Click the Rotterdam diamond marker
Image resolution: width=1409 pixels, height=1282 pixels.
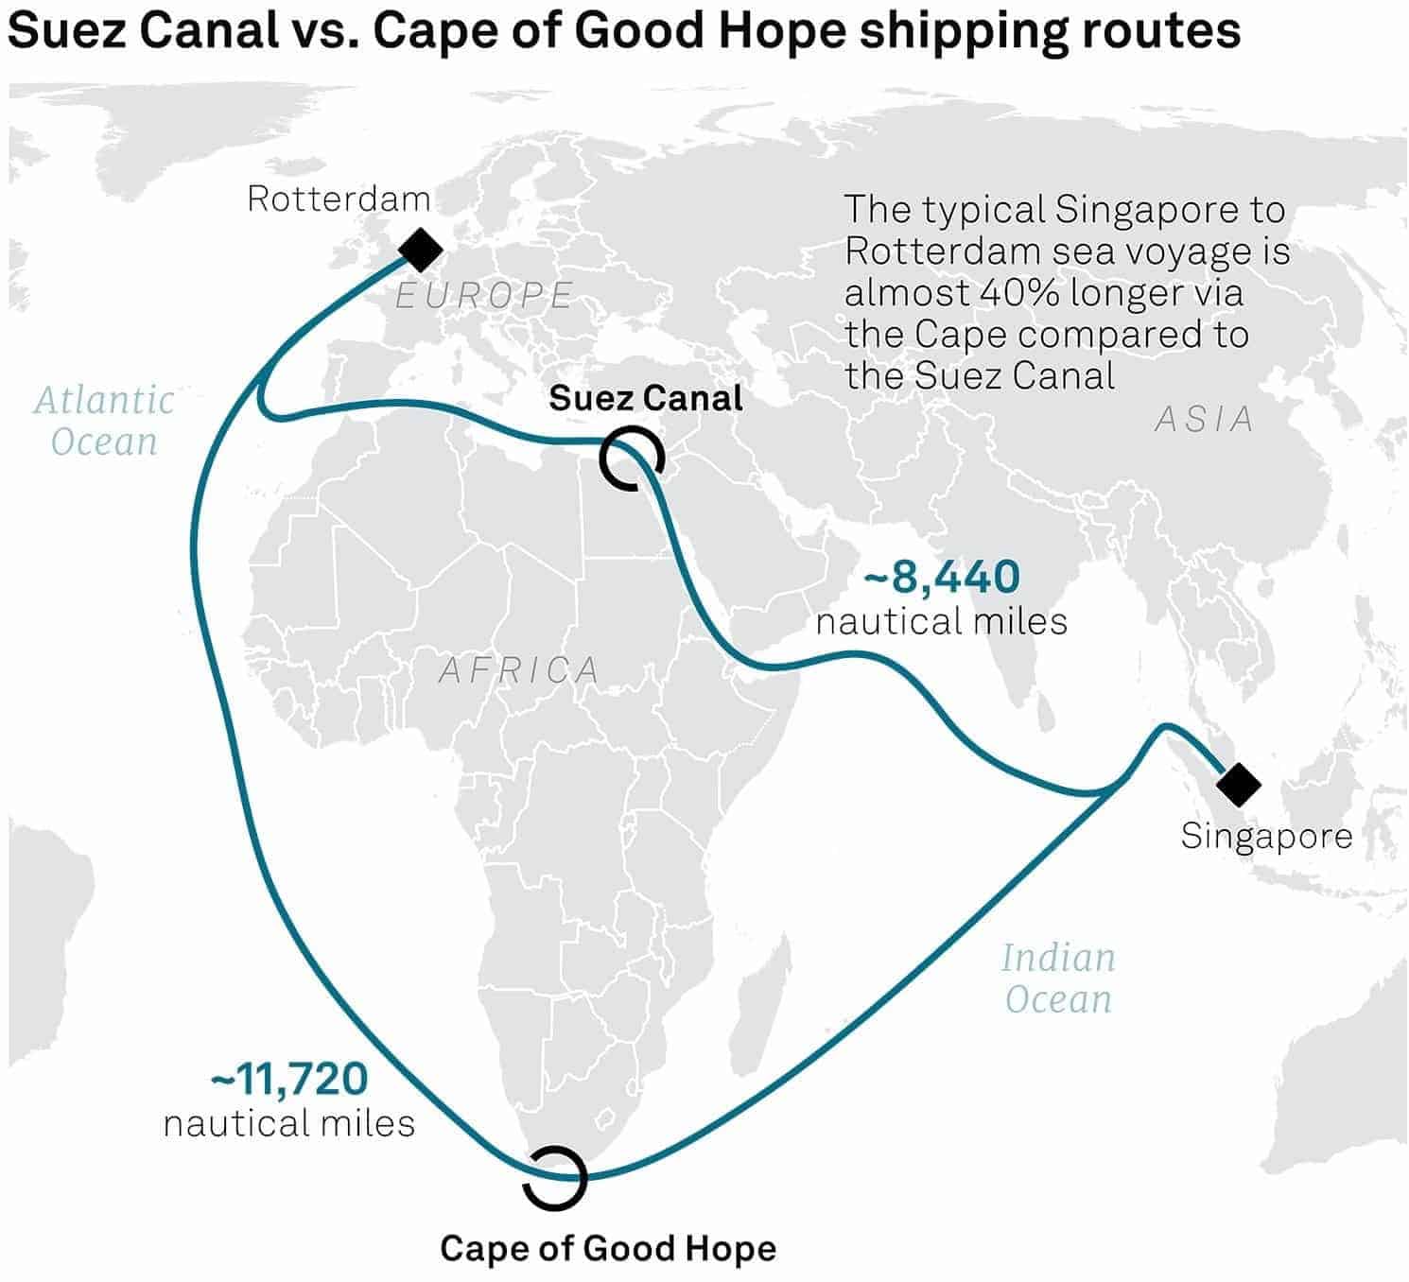(420, 250)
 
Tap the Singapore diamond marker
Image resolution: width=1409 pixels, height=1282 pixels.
(1239, 785)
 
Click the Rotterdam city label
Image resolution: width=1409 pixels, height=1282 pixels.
(339, 199)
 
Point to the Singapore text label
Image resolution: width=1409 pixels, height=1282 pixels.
(1266, 838)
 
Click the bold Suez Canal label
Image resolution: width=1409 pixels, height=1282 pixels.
(646, 398)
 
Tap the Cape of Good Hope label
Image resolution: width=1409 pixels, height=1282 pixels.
(608, 1248)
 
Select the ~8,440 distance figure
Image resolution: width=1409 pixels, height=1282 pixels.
(941, 577)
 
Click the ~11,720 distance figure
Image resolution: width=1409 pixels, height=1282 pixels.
(288, 1079)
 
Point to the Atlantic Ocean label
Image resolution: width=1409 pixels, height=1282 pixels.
(104, 421)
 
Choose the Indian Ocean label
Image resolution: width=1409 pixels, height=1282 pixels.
(1058, 979)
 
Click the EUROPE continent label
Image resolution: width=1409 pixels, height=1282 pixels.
(484, 295)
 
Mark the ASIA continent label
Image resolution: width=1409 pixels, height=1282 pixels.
(1205, 420)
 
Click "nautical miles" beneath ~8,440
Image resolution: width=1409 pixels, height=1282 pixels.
(941, 621)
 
